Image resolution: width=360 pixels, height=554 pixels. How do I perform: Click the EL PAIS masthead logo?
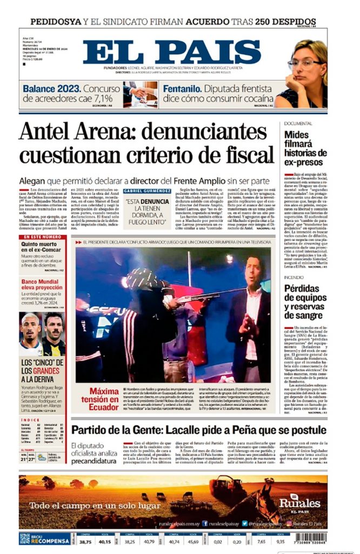(172, 52)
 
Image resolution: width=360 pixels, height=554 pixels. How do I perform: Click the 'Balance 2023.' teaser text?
(52, 88)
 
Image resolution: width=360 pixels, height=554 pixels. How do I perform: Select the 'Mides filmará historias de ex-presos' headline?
(304, 148)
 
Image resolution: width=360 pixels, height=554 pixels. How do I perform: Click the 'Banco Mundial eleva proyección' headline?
(42, 285)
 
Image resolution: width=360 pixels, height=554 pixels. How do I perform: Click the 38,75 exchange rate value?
(85, 540)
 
